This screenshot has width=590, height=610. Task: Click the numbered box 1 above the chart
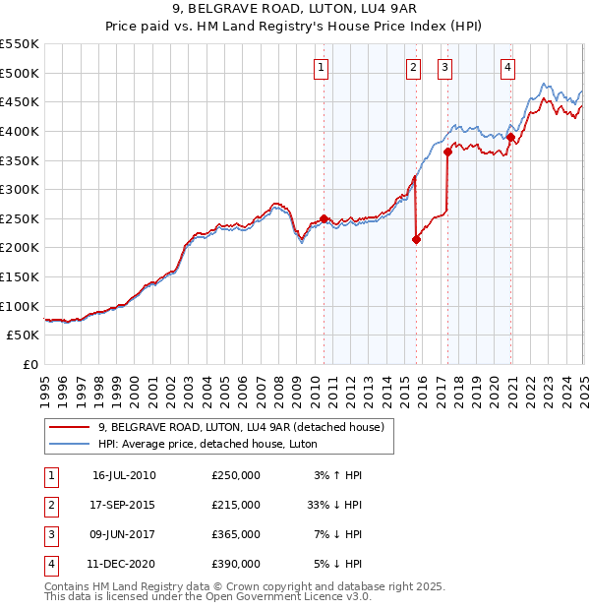coord(323,68)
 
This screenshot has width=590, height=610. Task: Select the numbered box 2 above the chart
coord(414,68)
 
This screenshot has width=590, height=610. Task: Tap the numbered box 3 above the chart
coord(445,68)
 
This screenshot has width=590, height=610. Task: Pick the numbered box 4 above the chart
coord(508,68)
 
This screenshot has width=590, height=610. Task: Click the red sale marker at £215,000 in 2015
coord(416,239)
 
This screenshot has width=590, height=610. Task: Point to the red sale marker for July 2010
coord(324,218)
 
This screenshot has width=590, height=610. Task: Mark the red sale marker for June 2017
coord(447,152)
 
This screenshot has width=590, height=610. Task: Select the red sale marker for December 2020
coord(510,137)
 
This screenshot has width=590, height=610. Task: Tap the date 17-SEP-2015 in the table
coord(124,505)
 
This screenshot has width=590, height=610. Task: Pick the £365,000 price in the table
coord(236,534)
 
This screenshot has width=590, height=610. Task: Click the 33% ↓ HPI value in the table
coord(335,505)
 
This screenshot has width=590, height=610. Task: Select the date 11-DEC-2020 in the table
coord(124,564)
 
